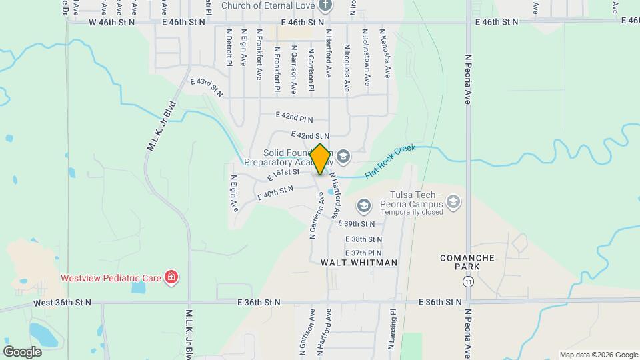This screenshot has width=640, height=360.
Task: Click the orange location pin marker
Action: point(320,159)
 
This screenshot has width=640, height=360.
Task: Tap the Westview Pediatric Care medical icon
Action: point(171,277)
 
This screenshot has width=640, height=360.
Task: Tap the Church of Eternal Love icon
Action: point(325,7)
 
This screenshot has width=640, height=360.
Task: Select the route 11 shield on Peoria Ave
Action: point(469,282)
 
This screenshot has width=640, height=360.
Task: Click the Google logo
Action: point(22,351)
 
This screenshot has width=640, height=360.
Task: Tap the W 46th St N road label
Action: point(111,22)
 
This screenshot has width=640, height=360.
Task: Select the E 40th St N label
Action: point(275,193)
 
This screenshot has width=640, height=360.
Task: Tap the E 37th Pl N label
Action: point(363,253)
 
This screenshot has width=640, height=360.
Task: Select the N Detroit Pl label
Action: point(229,46)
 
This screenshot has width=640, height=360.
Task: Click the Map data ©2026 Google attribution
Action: point(598,355)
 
